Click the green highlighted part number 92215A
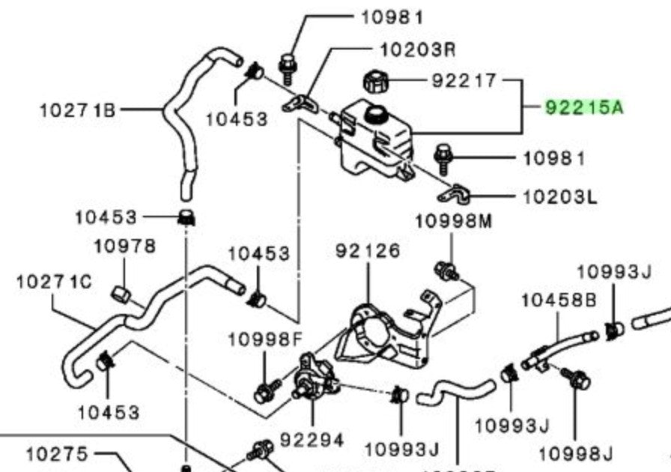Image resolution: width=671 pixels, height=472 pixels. [x=585, y=107]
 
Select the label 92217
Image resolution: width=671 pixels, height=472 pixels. [x=464, y=80]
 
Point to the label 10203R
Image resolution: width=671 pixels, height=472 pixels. [x=418, y=50]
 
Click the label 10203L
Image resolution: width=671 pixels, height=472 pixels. [x=559, y=198]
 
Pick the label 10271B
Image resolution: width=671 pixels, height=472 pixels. [x=77, y=110]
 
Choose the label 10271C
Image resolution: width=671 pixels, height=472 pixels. [x=54, y=282]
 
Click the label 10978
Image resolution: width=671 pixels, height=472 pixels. [x=124, y=246]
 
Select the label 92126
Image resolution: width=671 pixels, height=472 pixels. [x=368, y=251]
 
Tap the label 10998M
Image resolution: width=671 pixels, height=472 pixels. [x=454, y=222]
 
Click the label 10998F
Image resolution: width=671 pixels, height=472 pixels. [x=265, y=339]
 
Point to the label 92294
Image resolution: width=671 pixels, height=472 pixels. [x=312, y=440]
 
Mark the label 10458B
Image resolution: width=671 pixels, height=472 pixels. [x=559, y=300]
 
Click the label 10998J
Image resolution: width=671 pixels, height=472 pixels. [x=575, y=454]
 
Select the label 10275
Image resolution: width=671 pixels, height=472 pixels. [x=58, y=454]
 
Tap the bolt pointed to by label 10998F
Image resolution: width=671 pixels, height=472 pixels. [x=267, y=391]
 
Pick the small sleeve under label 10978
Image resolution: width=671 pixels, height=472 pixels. [x=121, y=294]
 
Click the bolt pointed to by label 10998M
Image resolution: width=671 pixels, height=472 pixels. [x=446, y=270]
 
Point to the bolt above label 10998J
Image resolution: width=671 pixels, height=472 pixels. [x=577, y=378]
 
